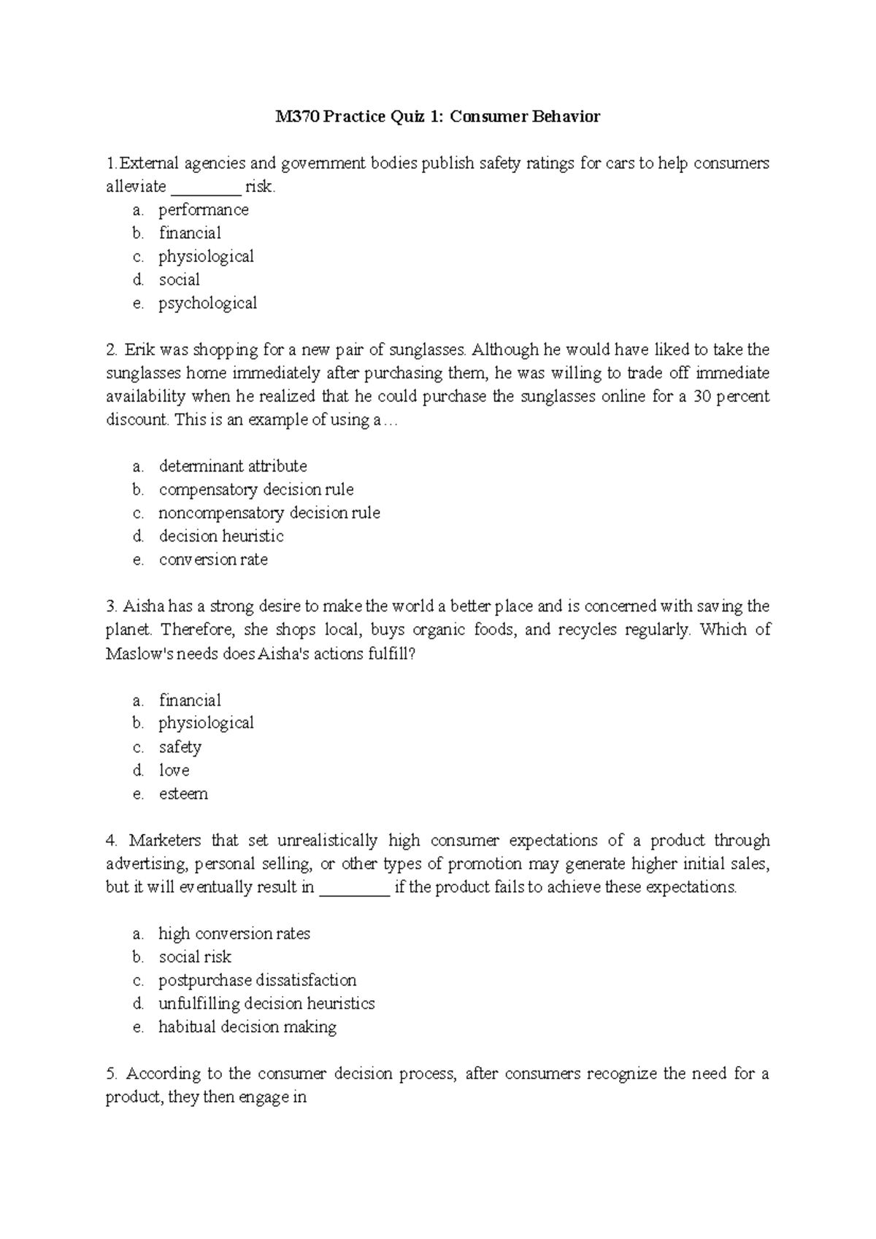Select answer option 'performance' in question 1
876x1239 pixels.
coord(204,210)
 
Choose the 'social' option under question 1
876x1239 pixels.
coord(180,280)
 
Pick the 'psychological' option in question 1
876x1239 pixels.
coord(208,304)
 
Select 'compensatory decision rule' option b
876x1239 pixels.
coord(256,490)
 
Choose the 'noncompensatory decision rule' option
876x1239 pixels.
coord(269,513)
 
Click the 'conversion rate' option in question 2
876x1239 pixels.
coord(213,560)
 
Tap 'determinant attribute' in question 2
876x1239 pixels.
coord(233,466)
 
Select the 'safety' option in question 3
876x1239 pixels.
coord(180,747)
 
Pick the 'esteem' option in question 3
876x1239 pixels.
coord(183,794)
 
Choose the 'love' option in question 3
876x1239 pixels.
coord(174,771)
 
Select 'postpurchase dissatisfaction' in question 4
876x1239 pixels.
coord(258,981)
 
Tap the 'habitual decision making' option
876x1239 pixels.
coord(247,1027)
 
